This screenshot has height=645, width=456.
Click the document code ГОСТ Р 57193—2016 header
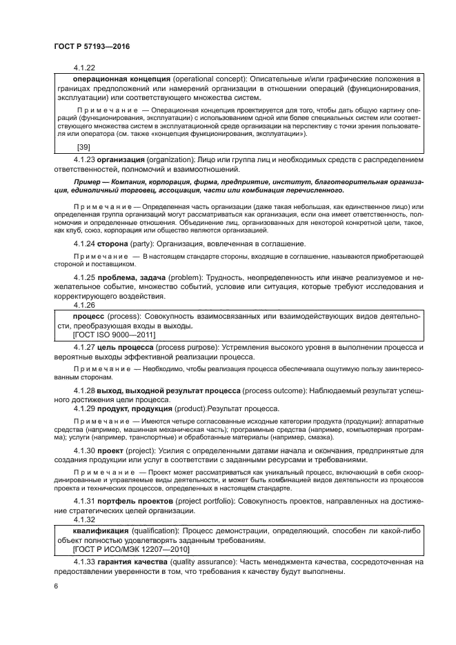click(91, 46)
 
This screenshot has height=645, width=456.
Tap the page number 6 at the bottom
click(55, 586)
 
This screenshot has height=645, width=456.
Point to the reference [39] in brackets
click(83, 148)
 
